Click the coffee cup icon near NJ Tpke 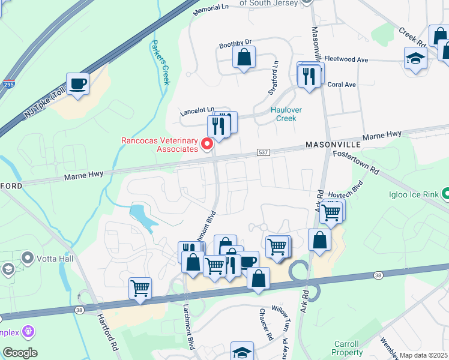(x=77, y=83)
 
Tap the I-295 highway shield (x=8, y=85)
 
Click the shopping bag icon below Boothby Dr (x=244, y=58)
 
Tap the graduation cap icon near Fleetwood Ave (x=415, y=59)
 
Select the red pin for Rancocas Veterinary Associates (x=208, y=143)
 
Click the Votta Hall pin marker (x=27, y=257)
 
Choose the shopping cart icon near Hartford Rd (x=140, y=287)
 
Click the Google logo (x=20, y=353)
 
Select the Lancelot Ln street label (x=197, y=112)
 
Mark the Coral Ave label (x=342, y=85)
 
